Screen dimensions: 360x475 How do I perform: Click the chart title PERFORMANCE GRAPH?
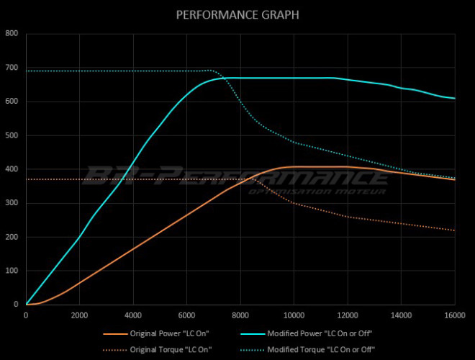tap(237, 14)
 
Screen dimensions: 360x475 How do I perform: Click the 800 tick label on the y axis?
tap(12, 33)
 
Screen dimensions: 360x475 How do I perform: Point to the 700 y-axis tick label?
tap(12, 67)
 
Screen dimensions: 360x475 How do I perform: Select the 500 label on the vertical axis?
tap(12, 135)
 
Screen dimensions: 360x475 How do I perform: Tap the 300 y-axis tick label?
tap(12, 203)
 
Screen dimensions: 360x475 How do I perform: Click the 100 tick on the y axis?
tap(12, 271)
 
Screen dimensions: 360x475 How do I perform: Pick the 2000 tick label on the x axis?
tap(79, 315)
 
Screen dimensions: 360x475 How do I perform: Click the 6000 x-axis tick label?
tap(186, 315)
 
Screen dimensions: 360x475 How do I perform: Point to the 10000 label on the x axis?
tap(294, 315)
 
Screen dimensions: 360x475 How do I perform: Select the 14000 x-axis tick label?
tap(401, 315)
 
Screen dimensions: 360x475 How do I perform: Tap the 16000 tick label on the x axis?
tap(454, 315)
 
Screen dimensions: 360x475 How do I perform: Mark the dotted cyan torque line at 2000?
tap(79, 71)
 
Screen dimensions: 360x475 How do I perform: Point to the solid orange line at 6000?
tap(186, 215)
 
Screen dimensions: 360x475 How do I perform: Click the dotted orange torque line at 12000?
tap(347, 216)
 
